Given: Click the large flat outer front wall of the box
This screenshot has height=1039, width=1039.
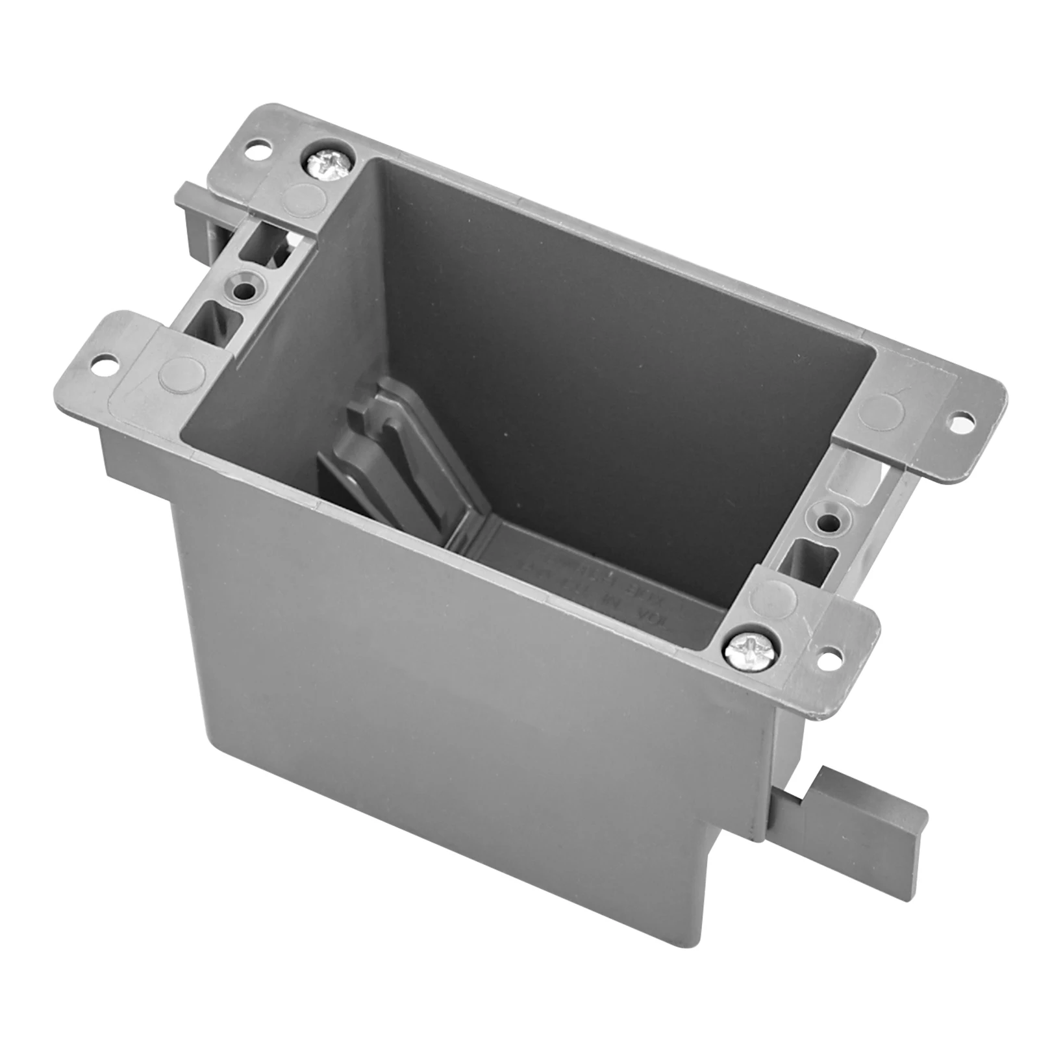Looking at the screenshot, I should (x=455, y=747).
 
